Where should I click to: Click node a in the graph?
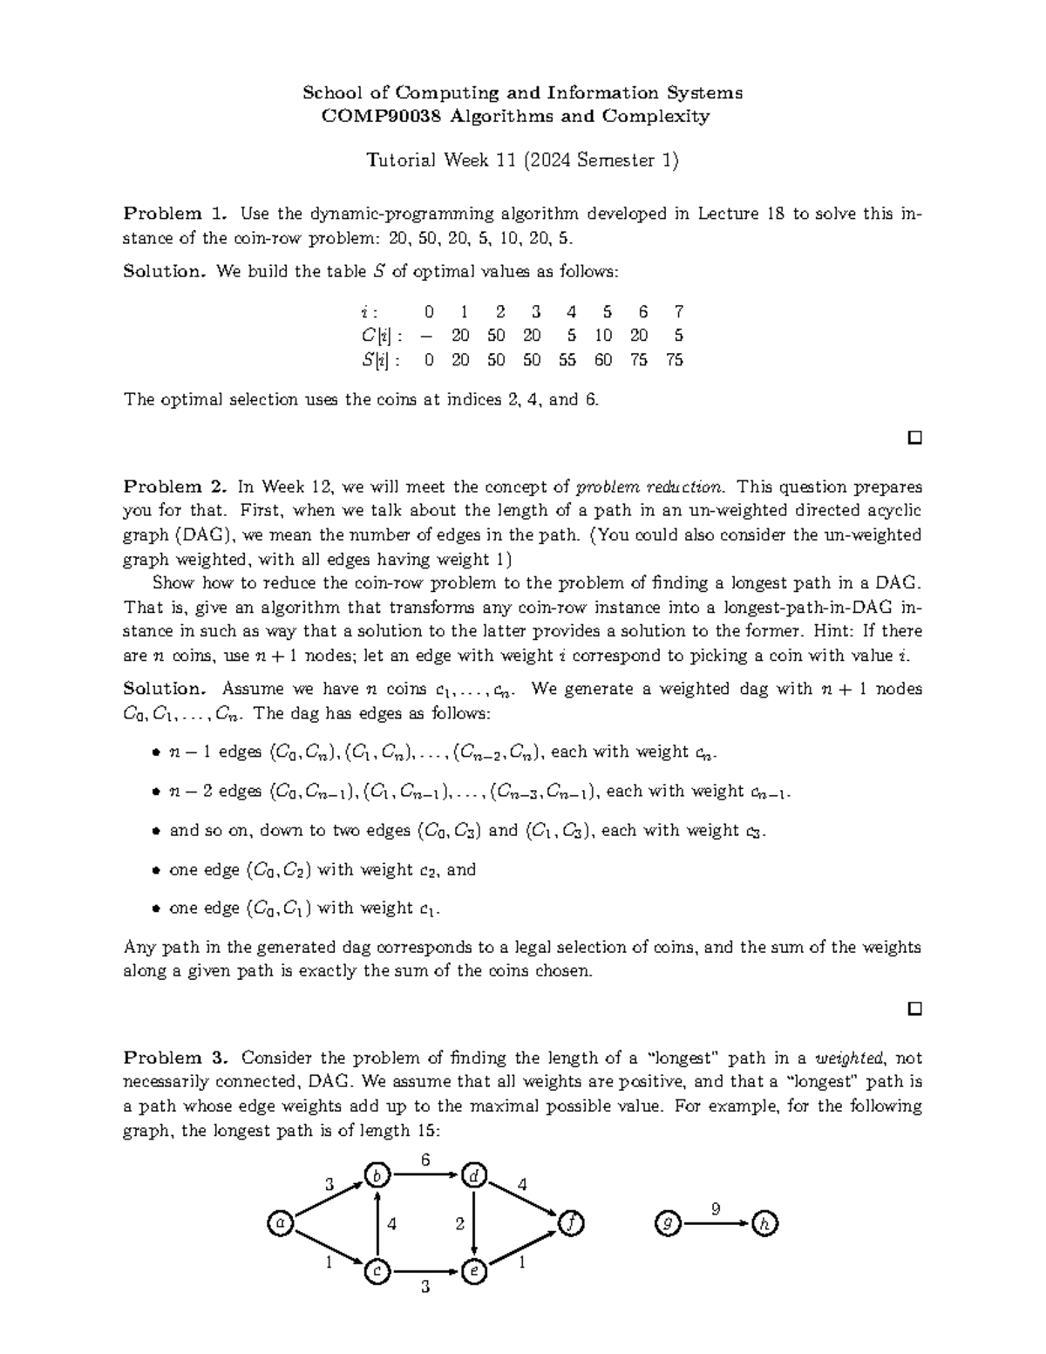(x=279, y=1224)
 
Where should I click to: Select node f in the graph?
(x=570, y=1224)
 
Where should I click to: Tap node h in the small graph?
(x=765, y=1224)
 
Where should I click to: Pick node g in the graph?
(x=667, y=1224)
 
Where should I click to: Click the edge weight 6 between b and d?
(x=425, y=1160)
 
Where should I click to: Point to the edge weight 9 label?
(x=716, y=1208)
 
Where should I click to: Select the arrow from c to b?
(x=377, y=1224)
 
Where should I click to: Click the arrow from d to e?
(x=473, y=1224)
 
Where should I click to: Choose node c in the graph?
(x=377, y=1272)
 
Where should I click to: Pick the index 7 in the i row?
(x=678, y=312)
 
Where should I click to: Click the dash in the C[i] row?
(x=427, y=336)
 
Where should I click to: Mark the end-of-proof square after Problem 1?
(x=914, y=437)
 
